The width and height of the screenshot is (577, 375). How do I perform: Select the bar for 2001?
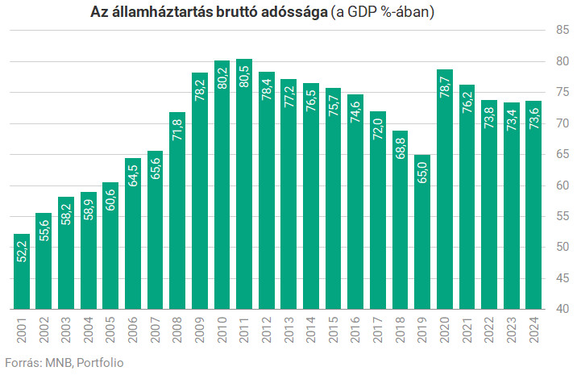(22, 274)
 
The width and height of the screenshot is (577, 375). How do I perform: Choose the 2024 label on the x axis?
(533, 331)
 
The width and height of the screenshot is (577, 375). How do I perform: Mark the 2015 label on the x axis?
(333, 331)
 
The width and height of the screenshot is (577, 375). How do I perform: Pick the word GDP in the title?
(370, 12)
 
